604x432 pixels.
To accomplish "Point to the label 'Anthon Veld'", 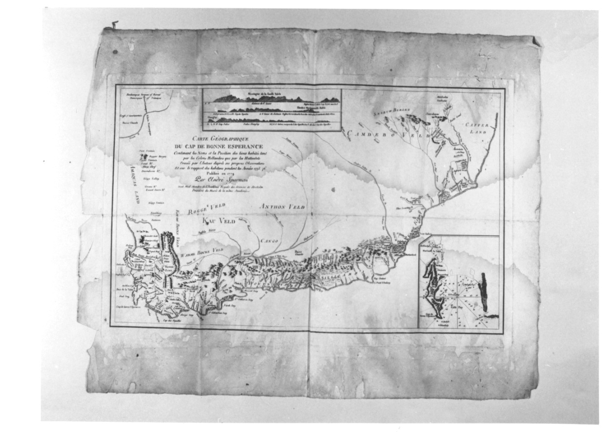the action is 282,207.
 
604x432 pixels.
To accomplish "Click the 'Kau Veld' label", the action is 218,221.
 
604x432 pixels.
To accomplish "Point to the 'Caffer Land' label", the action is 479,127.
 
